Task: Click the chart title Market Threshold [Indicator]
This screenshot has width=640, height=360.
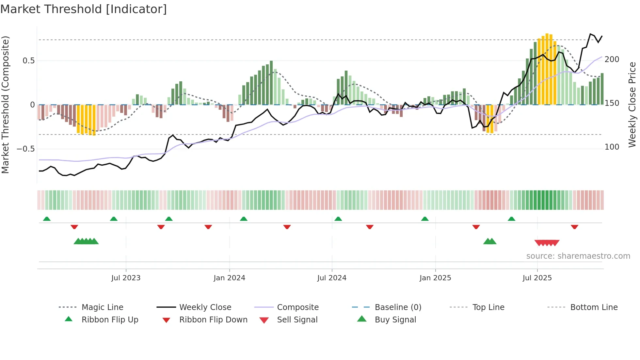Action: tap(84, 9)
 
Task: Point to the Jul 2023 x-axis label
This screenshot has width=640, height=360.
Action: tap(126, 278)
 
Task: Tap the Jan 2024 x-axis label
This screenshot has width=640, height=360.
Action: tap(229, 278)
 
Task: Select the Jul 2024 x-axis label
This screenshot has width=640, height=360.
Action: tap(332, 278)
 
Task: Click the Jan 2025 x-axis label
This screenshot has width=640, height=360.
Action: tap(435, 278)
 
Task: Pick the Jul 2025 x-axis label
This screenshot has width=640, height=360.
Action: tap(537, 278)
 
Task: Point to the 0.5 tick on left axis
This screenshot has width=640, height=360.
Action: tap(29, 61)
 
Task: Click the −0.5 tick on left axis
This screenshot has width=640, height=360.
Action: tap(26, 149)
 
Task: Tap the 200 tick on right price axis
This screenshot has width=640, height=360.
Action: tap(612, 59)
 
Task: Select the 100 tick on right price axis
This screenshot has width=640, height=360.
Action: tap(612, 147)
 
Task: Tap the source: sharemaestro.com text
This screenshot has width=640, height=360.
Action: tap(578, 256)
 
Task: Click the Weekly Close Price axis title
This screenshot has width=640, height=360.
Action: tap(632, 105)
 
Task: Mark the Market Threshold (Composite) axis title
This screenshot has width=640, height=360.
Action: tap(5, 105)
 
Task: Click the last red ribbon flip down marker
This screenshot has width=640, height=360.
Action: tap(574, 227)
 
